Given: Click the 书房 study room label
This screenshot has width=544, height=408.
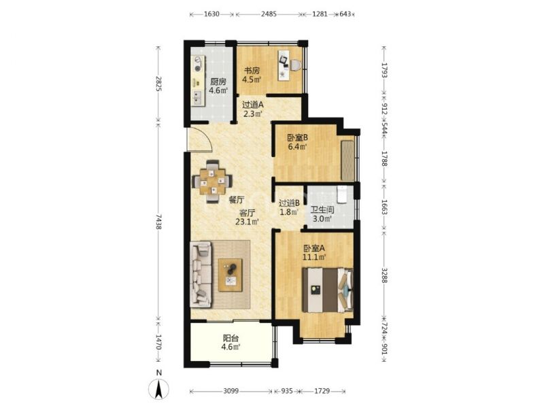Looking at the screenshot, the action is tap(252, 71).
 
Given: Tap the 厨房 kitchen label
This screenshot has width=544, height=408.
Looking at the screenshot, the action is tap(218, 82).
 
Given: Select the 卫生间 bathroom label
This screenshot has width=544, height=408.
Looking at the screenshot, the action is tap(322, 210).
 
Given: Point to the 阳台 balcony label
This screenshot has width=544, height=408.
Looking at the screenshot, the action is tap(231, 338).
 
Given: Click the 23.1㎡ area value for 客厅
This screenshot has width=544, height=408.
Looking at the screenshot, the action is tap(248, 222).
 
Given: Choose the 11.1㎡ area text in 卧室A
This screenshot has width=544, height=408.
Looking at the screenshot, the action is tap(314, 258).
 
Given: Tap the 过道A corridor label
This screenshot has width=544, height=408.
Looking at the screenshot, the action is tap(252, 105).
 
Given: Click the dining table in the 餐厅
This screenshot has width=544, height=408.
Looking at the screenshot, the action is tap(212, 181).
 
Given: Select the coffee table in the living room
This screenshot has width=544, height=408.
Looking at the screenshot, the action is tap(231, 275).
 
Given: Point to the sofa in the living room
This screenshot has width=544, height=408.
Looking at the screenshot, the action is tap(201, 275).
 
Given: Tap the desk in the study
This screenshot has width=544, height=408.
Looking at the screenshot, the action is tap(284, 65).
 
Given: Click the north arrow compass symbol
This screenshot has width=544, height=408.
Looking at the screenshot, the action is tap(159, 388).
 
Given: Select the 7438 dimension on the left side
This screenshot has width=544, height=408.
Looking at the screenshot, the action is tap(158, 222).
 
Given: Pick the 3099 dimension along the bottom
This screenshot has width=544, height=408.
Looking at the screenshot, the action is tap(231, 391).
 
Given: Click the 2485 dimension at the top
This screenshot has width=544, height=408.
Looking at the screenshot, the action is tap(269, 14).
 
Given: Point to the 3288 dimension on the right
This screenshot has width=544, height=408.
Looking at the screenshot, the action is tap(384, 275).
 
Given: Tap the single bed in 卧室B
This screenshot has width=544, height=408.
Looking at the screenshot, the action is tap(347, 160).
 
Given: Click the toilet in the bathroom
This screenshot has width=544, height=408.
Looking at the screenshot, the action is tap(342, 194).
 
